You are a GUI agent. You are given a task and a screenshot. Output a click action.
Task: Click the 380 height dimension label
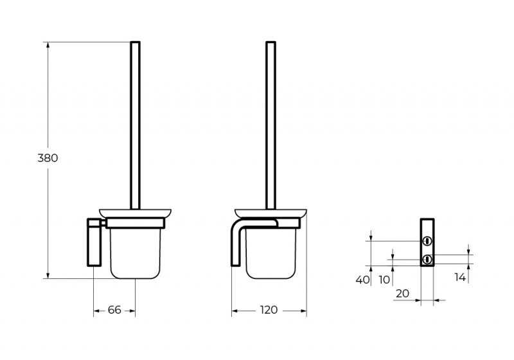48,158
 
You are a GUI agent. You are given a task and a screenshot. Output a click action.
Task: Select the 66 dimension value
114,310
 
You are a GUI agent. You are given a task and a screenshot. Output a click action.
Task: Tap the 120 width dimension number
269,310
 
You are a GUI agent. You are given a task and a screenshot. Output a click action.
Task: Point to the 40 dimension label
362,280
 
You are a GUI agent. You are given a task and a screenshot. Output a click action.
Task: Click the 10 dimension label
384,280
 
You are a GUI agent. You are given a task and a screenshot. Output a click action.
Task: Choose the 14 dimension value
460,277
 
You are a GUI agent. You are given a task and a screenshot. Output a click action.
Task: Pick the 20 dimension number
402,293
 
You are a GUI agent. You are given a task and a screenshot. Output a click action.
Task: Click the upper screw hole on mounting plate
427,241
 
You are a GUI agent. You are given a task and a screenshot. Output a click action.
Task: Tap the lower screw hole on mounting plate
427,260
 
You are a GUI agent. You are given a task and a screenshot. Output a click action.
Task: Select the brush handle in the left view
136,125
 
